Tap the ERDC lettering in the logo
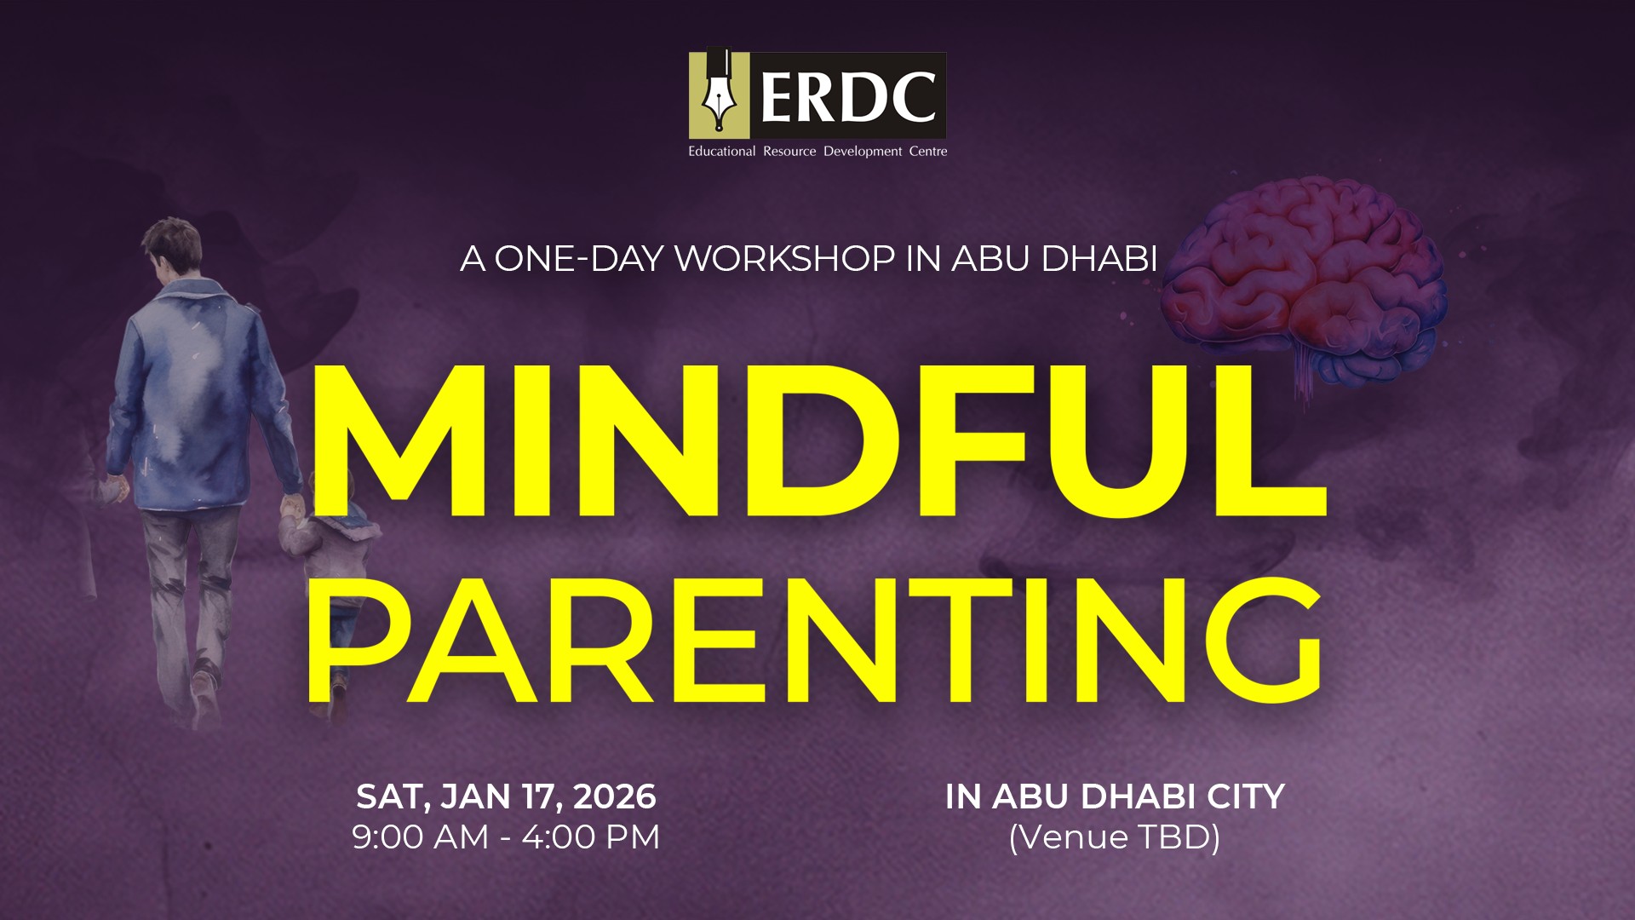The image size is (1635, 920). [848, 96]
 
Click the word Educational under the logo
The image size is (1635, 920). [721, 151]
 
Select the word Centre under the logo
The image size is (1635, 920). [928, 151]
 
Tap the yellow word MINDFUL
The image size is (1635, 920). [817, 440]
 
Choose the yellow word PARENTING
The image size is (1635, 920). [814, 640]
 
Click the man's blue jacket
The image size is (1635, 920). [200, 396]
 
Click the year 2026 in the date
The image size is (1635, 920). [615, 796]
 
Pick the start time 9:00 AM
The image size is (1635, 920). [421, 837]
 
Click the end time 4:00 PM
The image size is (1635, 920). [591, 837]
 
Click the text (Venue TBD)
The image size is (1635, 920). [1115, 837]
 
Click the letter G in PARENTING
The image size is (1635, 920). [1263, 640]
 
